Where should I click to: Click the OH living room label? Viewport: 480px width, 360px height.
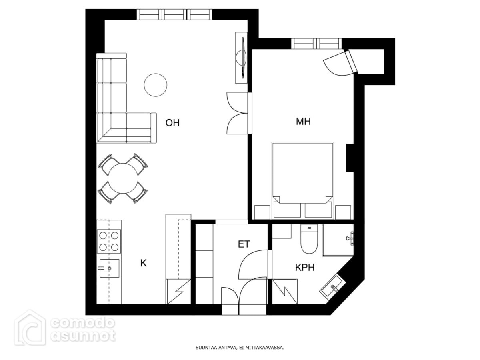(172, 123)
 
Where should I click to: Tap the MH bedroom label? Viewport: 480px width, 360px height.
(303, 121)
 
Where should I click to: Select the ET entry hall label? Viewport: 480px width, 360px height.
(244, 244)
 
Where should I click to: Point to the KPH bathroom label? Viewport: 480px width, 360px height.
(305, 267)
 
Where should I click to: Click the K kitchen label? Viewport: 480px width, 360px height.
(143, 263)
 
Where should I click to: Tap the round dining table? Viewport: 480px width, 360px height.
(123, 178)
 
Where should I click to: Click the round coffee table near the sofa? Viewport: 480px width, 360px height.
(156, 85)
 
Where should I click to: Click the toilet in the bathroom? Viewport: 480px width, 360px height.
(309, 239)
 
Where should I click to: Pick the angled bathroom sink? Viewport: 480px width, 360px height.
(333, 286)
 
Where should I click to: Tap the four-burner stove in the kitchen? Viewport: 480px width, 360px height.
(109, 241)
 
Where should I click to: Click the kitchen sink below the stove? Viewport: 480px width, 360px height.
(109, 268)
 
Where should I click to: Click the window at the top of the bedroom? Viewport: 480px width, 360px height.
(316, 44)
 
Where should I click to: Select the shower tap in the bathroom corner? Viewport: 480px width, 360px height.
(350, 238)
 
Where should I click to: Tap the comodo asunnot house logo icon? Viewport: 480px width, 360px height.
(30, 328)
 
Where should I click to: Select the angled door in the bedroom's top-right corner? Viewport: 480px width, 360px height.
(341, 63)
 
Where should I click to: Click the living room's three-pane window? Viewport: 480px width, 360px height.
(174, 14)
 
